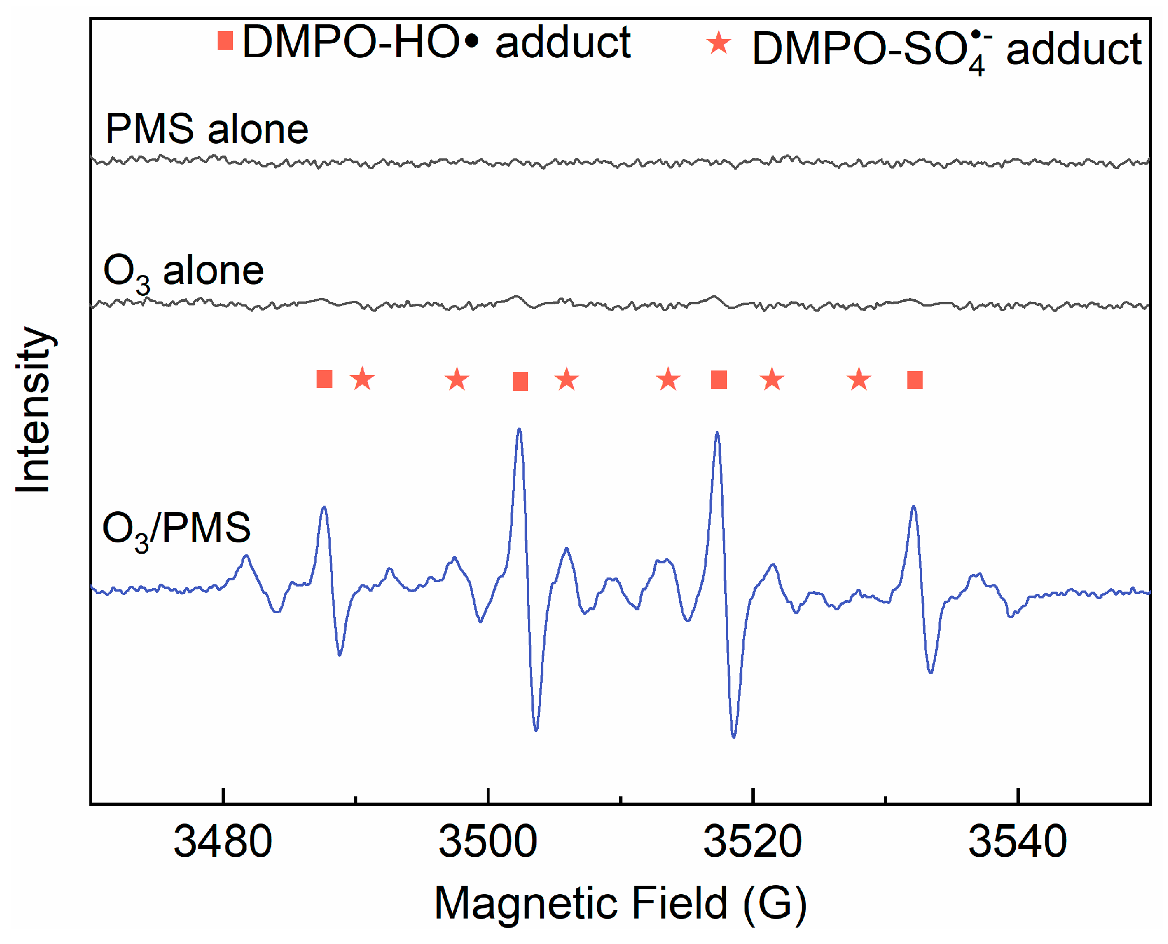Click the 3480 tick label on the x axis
pos(223,842)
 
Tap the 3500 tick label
pos(488,842)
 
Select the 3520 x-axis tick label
pos(752,842)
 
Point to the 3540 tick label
pos(1018,842)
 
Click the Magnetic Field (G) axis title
pos(620,903)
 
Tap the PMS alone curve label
pos(207,130)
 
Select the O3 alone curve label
pos(183,272)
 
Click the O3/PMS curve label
pos(176,529)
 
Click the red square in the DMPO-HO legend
pos(225,41)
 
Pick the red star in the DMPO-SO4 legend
pos(719,43)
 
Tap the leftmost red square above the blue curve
pos(325,379)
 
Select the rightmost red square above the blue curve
pos(915,380)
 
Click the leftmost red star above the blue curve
pos(362,379)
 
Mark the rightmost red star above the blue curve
pos(859,380)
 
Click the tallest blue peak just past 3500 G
pos(519,429)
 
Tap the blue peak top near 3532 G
pos(913,507)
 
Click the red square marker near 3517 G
pos(719,380)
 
